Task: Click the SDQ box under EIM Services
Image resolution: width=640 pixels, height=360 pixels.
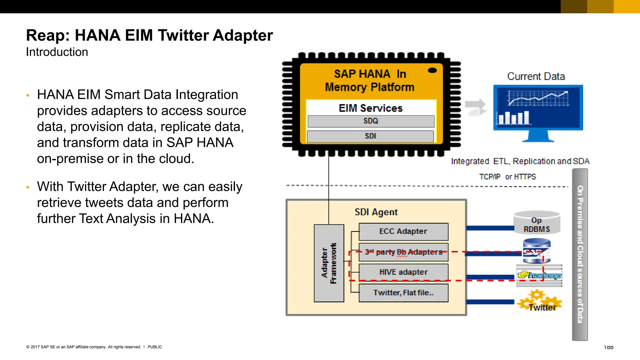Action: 371,121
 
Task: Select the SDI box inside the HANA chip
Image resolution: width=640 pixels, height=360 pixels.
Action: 370,136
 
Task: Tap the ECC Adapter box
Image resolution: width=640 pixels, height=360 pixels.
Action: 403,232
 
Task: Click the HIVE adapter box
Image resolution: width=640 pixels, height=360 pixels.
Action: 403,272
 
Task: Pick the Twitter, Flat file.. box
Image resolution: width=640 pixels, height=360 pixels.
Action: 403,293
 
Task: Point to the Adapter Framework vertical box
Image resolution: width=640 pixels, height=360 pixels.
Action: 329,263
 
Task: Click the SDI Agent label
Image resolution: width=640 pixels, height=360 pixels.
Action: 376,212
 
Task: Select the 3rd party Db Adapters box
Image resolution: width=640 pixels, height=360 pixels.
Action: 403,252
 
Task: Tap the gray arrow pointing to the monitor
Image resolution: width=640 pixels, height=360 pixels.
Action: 476,107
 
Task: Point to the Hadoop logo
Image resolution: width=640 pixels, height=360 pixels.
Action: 539,275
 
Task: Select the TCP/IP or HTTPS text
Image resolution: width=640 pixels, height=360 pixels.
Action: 507,177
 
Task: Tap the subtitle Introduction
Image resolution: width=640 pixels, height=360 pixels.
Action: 57,52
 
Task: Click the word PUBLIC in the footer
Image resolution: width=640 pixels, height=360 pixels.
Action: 155,347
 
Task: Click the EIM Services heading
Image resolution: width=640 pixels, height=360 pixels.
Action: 371,108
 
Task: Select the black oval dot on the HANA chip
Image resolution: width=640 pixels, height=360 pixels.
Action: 432,70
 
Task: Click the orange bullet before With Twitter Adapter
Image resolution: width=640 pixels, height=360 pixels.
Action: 28,187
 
